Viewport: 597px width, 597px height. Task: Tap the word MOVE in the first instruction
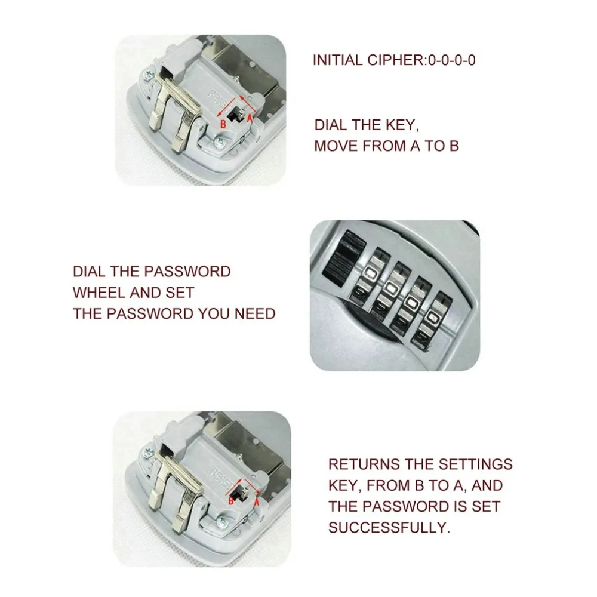pyautogui.click(x=338, y=146)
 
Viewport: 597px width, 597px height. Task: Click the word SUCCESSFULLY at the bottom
pyautogui.click(x=388, y=527)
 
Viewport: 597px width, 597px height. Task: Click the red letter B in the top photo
pyautogui.click(x=223, y=124)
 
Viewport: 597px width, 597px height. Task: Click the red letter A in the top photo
pyautogui.click(x=250, y=118)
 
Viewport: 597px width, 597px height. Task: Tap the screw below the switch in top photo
pyautogui.click(x=221, y=142)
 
